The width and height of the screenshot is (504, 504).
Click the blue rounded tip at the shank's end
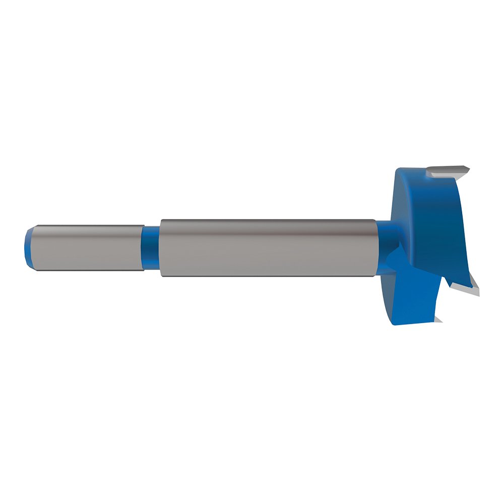(28, 247)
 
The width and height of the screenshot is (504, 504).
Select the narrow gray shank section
(86, 247)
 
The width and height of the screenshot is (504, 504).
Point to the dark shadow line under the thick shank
(267, 276)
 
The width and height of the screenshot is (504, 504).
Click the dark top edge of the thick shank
(267, 220)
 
